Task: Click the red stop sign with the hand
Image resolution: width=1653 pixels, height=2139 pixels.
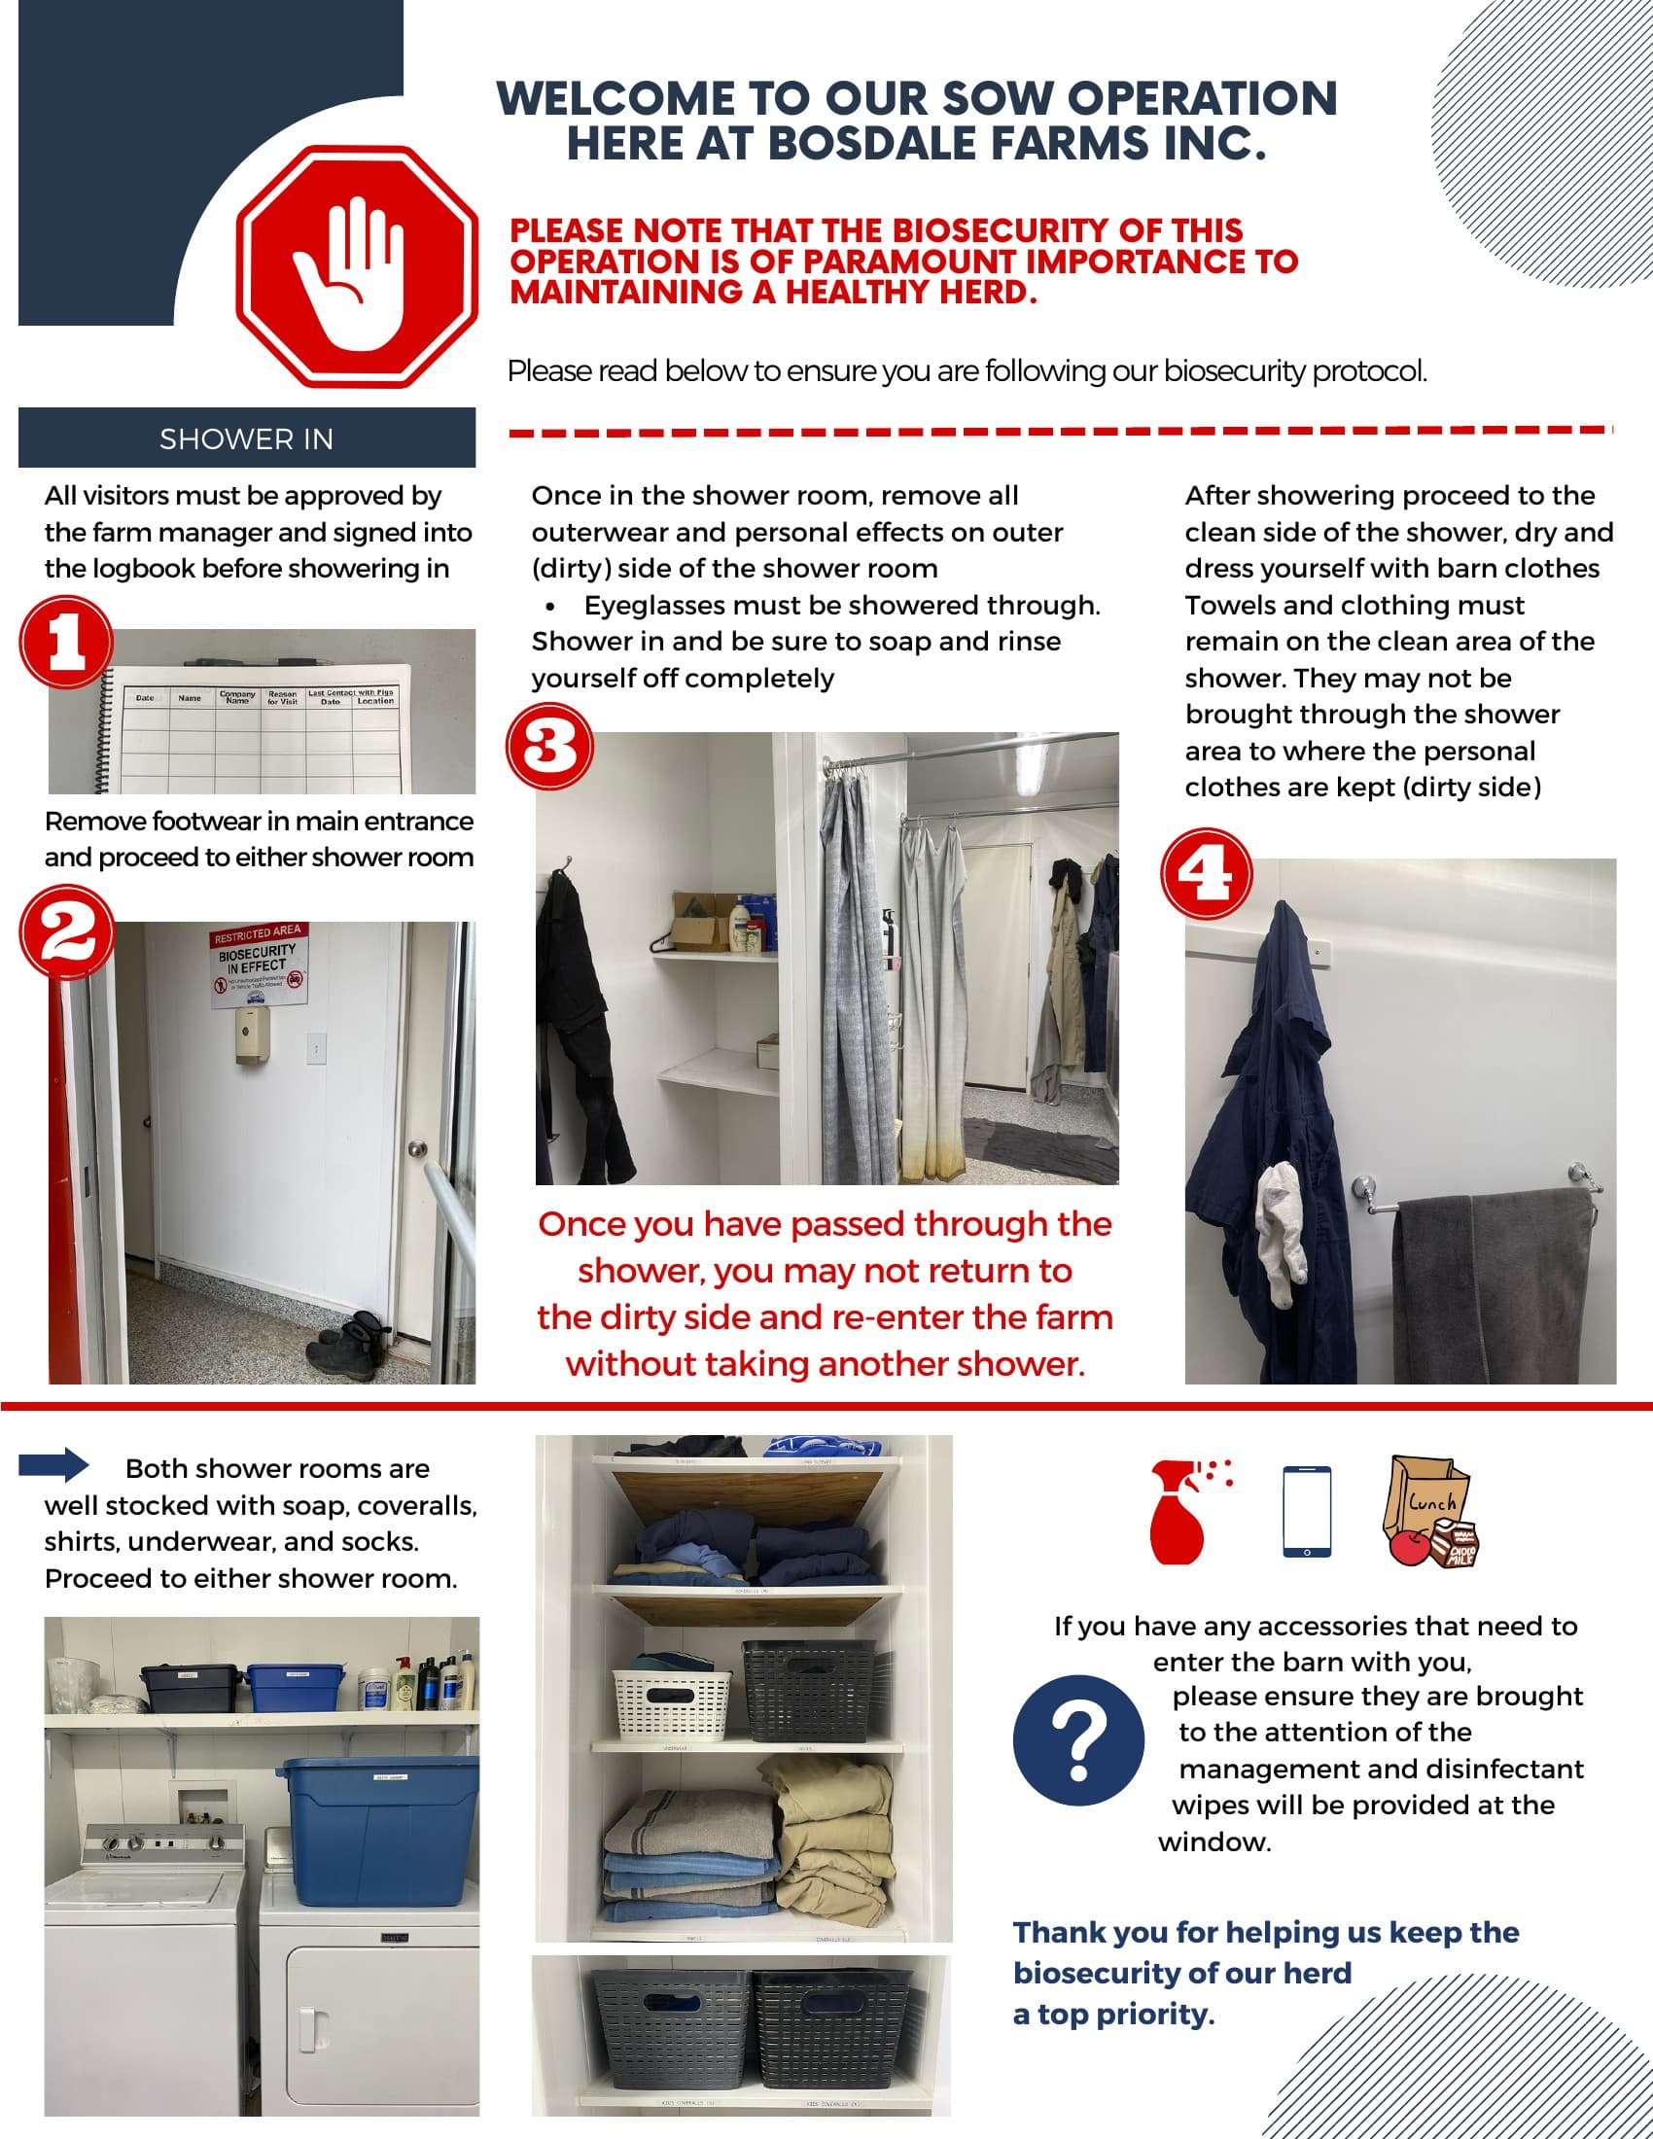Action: tap(357, 266)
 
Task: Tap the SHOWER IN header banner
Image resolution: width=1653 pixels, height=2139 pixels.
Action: tap(247, 438)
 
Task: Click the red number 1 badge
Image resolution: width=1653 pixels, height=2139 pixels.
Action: tap(66, 644)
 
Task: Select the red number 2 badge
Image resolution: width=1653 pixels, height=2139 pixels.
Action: tap(66, 930)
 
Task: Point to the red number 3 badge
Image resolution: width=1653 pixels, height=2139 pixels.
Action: tap(549, 747)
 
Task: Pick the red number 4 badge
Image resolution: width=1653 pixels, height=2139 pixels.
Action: tap(1207, 874)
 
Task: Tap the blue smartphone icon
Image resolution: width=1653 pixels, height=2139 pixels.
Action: tap(1306, 1511)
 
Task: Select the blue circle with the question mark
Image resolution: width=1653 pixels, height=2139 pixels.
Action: tap(1078, 1740)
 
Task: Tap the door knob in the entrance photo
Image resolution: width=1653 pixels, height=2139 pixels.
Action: tap(417, 1149)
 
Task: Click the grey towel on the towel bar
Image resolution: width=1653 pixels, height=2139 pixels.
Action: tap(1495, 1285)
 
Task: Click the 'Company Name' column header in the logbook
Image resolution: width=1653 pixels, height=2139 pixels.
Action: tap(237, 696)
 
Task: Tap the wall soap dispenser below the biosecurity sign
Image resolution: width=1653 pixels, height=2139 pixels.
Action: tap(253, 1036)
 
